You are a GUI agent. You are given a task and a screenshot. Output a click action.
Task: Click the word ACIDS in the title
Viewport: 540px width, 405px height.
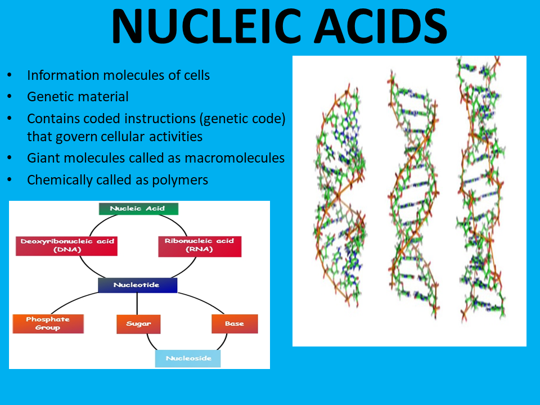point(382,26)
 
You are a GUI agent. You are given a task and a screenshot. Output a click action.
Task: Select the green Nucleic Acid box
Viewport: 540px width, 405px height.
point(138,209)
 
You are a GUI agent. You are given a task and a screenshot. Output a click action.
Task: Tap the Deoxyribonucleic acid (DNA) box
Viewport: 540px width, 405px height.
point(67,245)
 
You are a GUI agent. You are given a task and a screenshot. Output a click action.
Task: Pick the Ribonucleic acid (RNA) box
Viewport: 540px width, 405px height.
point(200,245)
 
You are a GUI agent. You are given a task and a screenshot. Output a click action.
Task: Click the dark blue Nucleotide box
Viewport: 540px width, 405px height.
point(137,285)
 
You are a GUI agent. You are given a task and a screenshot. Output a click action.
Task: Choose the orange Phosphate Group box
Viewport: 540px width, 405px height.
point(48,323)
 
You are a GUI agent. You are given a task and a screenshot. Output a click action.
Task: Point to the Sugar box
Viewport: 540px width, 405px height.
point(138,324)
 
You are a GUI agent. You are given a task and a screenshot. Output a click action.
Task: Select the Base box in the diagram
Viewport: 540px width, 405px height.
point(235,323)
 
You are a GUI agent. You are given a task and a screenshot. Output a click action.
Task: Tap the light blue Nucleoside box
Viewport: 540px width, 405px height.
point(188,358)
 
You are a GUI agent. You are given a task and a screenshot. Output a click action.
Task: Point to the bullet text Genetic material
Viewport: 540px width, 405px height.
point(78,97)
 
